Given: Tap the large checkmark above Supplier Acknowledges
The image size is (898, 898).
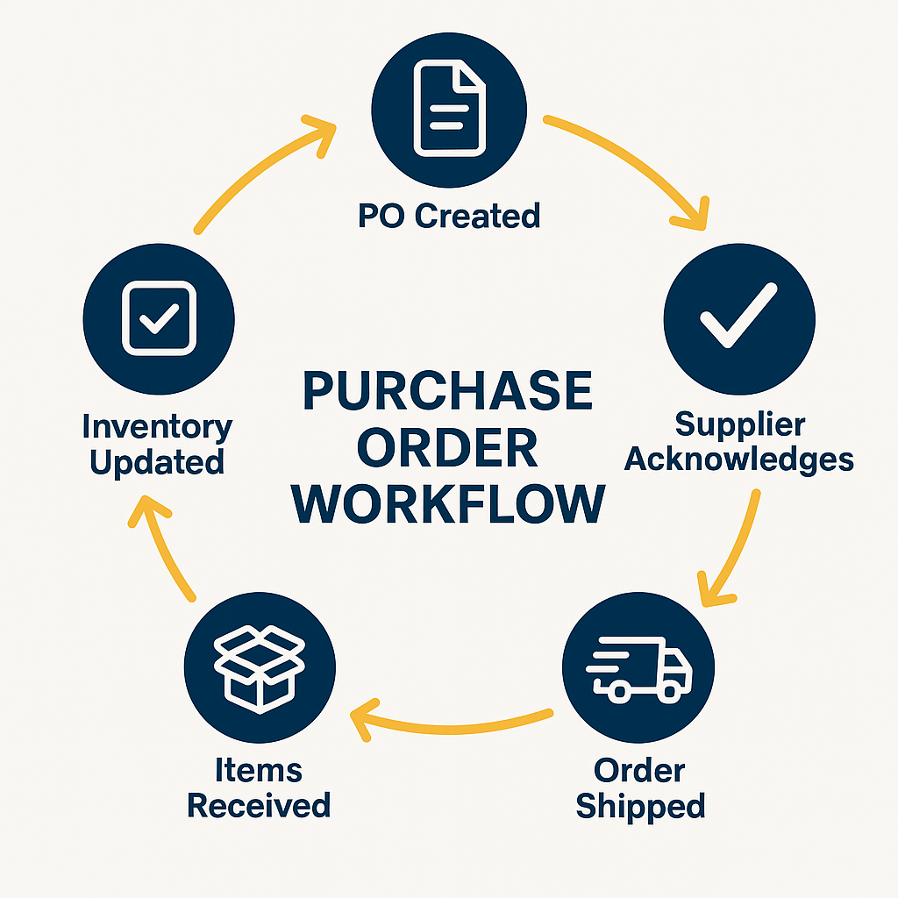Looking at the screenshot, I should coord(738,318).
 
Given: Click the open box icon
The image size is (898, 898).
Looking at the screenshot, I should coord(260,667).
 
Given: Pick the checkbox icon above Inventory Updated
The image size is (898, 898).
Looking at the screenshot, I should coord(159,318).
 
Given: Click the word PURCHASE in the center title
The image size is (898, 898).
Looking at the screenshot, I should coord(447,392).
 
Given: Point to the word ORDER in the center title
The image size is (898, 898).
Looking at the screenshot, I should coord(447,448).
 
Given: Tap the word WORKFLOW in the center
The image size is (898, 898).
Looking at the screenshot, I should coord(447,505).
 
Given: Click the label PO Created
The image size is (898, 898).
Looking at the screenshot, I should coord(449,215).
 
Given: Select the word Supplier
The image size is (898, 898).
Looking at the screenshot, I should coord(739,425).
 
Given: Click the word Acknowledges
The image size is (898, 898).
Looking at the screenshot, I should coord(739,459).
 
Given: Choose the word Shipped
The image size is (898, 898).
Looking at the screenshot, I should coord(640,806).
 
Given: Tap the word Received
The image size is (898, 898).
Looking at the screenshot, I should coord(260,805).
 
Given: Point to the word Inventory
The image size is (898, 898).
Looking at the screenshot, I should coord(158,428).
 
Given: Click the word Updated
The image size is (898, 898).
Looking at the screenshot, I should coord(158,462).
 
